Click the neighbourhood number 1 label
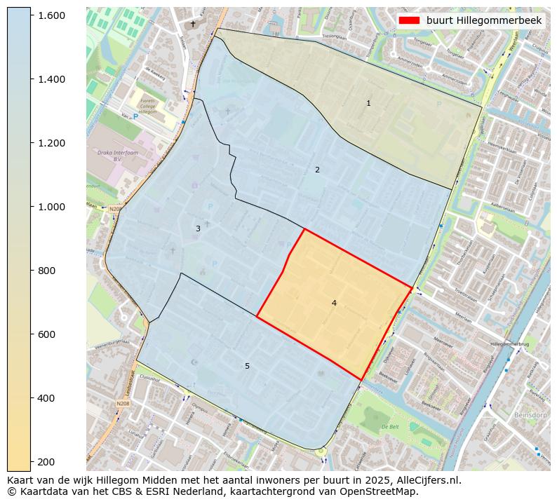368,103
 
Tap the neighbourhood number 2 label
317,170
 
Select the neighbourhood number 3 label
198,229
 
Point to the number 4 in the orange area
334,303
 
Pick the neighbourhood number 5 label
247,366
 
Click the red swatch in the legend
409,21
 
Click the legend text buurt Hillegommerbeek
483,21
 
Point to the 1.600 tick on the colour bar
51,15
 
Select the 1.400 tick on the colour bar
51,79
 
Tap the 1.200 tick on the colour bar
51,143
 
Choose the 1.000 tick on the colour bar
51,207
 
